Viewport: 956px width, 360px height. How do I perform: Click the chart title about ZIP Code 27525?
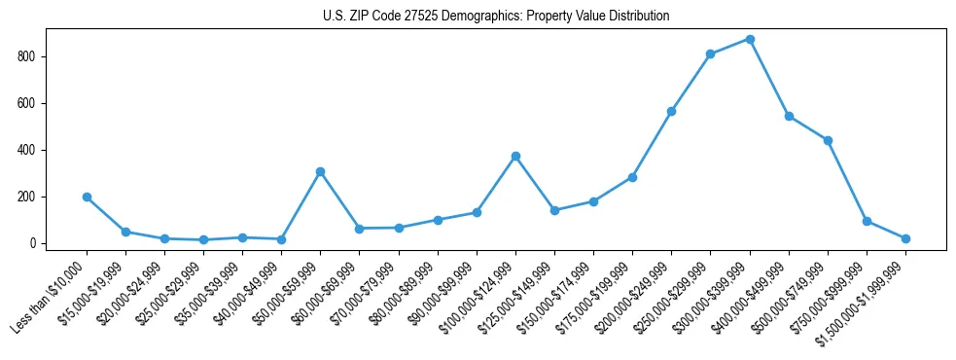(496, 16)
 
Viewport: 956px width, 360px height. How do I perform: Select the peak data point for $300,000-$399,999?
(750, 39)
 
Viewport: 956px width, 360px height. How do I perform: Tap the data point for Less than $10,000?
(87, 197)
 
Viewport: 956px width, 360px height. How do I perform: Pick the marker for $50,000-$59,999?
(320, 171)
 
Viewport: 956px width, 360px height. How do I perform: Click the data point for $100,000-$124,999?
(515, 156)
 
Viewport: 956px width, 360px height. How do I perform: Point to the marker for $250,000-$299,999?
(711, 54)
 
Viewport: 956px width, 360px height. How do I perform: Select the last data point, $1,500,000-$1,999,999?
(905, 238)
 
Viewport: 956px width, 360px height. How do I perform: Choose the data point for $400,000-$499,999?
(789, 116)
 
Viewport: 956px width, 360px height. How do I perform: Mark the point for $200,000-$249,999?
(671, 111)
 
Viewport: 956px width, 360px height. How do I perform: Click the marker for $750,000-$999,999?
(867, 221)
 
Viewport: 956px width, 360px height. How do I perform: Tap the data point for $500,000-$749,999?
(828, 140)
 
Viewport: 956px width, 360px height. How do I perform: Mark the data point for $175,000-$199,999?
(632, 177)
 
